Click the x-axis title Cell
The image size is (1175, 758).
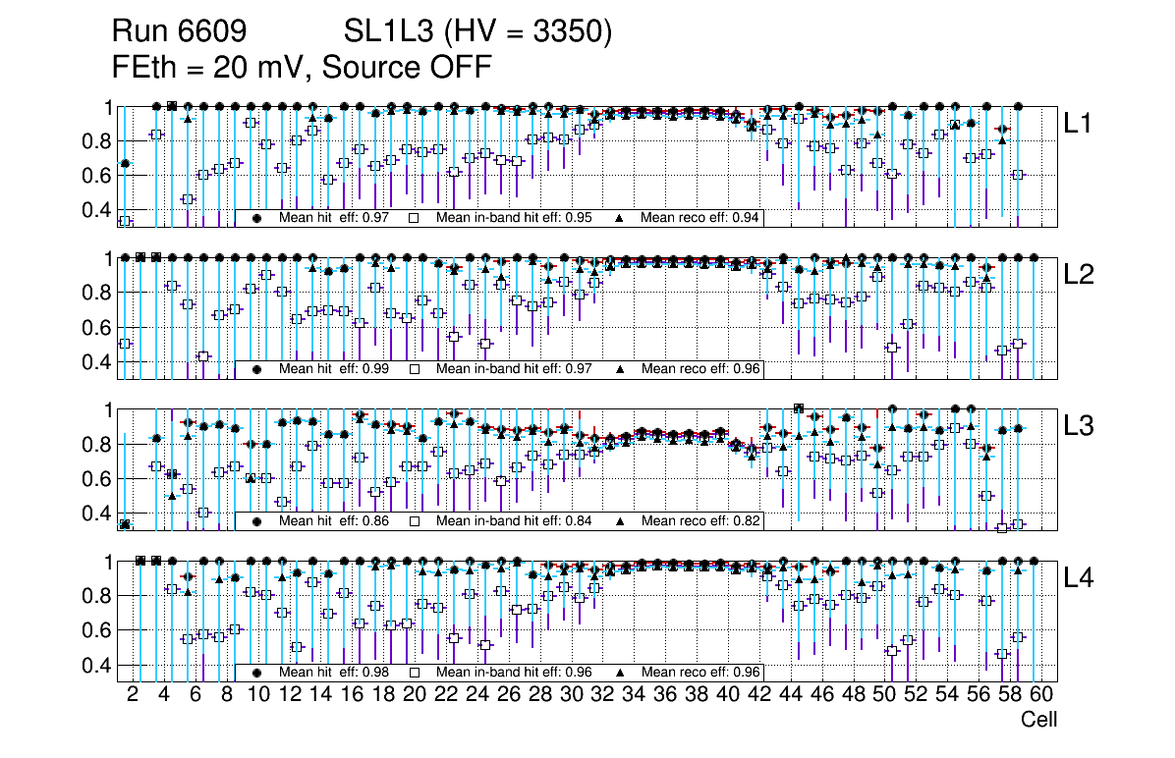[1038, 720]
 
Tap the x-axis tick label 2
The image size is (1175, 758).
[133, 695]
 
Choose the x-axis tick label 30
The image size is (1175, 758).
[571, 695]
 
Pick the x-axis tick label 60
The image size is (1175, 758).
[1041, 695]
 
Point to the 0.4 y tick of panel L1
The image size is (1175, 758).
[96, 210]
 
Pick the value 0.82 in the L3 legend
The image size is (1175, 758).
[748, 520]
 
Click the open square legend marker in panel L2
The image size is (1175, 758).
[416, 369]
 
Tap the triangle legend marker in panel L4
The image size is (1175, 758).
[621, 673]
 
